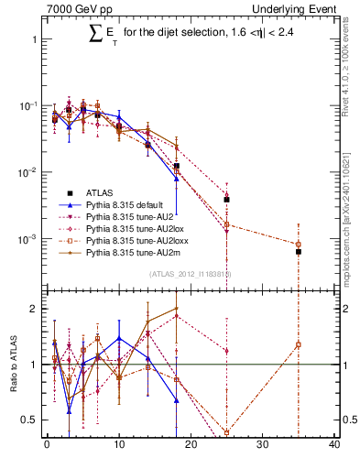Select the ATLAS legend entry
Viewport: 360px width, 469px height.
point(101,193)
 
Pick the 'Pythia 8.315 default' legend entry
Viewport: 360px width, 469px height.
point(127,207)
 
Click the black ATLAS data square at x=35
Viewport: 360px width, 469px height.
point(298,251)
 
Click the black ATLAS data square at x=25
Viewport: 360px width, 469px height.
point(226,199)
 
